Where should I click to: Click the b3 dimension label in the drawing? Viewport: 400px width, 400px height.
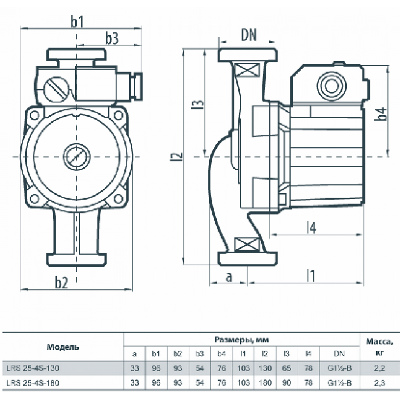pos(112,38)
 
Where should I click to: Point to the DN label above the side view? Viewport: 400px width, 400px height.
pos(248,36)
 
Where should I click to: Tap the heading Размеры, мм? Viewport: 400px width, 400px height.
pos(242,340)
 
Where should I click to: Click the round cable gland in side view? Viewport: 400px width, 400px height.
pos(330,86)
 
